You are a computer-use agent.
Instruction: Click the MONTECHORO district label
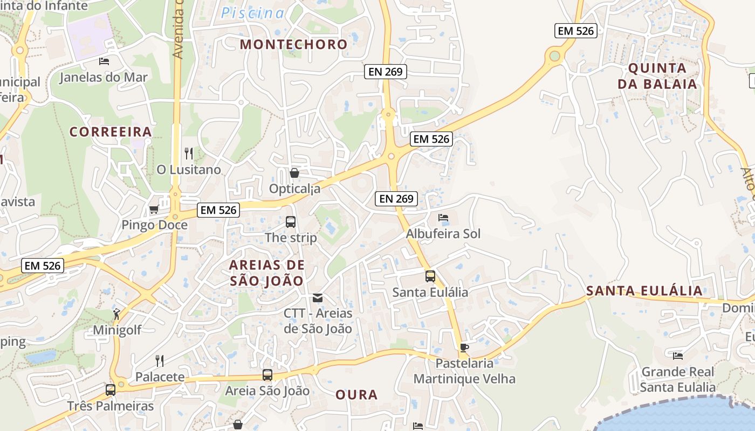coord(294,44)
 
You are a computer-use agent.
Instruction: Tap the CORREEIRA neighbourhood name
coord(111,132)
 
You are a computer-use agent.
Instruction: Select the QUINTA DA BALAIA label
coord(657,76)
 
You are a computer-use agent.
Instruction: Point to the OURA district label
coord(356,395)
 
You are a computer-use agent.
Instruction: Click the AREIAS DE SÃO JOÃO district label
coord(267,273)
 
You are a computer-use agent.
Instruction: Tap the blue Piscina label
coord(252,13)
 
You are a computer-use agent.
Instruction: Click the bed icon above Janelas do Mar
coord(104,61)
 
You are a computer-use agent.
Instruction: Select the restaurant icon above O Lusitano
coord(189,154)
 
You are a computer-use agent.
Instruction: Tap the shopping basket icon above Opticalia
coord(294,173)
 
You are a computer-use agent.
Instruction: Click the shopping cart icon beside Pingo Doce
coord(154,209)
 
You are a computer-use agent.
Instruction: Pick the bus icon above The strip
coord(291,221)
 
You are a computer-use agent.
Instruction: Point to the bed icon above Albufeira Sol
coord(443,218)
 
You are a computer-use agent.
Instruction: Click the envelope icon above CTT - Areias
coord(318,297)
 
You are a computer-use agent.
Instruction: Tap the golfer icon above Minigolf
coord(116,314)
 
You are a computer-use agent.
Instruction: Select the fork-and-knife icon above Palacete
coord(160,360)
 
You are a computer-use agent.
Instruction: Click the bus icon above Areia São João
coord(267,375)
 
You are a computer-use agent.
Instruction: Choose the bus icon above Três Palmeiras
coord(111,390)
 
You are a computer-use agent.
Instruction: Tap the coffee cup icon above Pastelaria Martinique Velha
coord(464,347)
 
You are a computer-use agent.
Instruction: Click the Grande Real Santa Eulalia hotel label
coord(677,379)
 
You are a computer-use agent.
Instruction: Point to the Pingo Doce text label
coord(155,225)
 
